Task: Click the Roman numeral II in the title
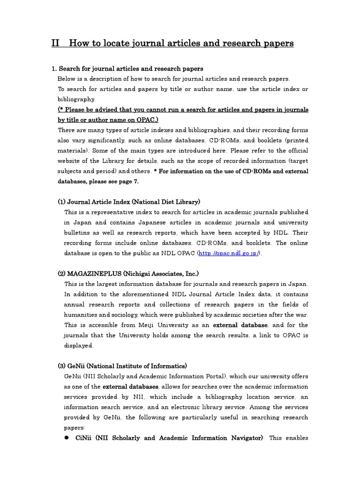(55, 44)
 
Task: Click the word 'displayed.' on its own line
(79, 345)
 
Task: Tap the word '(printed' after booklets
(294, 140)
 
